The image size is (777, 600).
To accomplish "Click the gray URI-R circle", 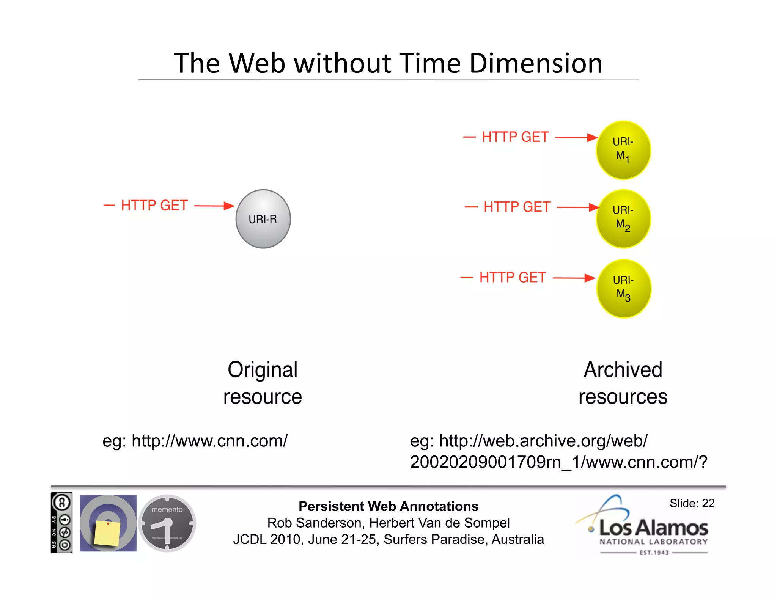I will (x=263, y=219).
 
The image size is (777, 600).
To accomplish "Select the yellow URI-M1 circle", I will (x=623, y=150).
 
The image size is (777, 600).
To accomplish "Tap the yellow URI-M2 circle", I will (x=623, y=219).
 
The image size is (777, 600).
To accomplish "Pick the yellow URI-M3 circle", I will (x=623, y=288).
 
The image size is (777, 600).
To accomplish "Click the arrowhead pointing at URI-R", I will (x=229, y=206).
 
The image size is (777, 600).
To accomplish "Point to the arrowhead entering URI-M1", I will (x=592, y=137).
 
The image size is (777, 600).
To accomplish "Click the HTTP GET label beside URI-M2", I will (x=517, y=207).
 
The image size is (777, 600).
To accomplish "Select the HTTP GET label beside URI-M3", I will (x=513, y=278).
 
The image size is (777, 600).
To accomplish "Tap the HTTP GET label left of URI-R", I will (x=154, y=206).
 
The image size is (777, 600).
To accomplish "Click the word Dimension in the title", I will (x=536, y=63).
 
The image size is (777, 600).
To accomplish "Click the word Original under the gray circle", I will (x=263, y=370).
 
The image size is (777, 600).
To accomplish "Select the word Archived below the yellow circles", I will (x=623, y=370).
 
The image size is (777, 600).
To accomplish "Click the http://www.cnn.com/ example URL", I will (x=209, y=441).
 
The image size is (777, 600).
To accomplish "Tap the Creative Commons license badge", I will (x=61, y=523).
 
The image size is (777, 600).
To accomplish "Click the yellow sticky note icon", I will (x=107, y=532).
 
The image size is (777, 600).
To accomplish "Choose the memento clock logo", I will (x=167, y=523).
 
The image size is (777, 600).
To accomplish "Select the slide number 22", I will (x=708, y=503).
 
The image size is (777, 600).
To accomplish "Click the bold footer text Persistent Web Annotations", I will (x=388, y=506).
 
